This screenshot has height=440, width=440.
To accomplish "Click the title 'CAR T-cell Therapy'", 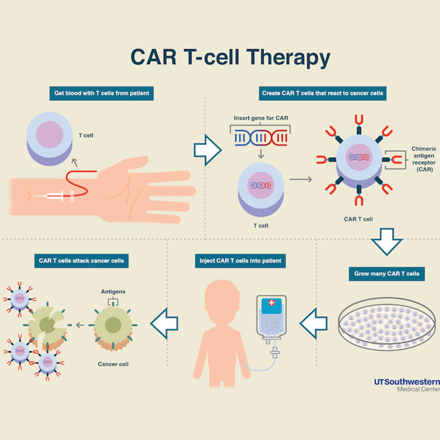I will (230, 58).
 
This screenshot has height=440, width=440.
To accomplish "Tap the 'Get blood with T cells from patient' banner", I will (102, 93).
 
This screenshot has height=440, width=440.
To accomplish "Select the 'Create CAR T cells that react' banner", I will (323, 93).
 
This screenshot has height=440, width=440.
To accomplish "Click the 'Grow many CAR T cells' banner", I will (387, 274).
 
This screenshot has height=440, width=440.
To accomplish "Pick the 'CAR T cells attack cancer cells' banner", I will (81, 260).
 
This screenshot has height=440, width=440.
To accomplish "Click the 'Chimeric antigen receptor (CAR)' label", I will (424, 159).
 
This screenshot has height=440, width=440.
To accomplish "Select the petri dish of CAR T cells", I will (387, 323).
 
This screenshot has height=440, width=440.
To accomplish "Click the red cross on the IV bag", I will (271, 303).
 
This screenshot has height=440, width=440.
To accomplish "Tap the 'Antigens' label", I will (113, 291).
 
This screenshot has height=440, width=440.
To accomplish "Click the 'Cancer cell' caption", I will (113, 364).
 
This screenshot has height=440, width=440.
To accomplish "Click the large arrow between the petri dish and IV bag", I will (314, 324).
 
